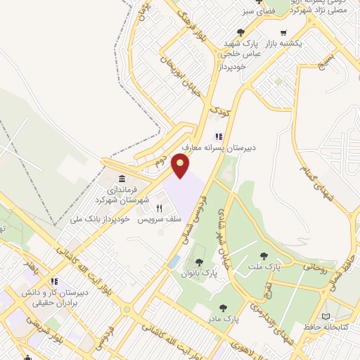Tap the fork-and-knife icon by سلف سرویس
pyautogui.click(x=159, y=208)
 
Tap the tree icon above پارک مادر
pyautogui.click(x=223, y=307)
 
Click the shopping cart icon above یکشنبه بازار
pyautogui.click(x=283, y=32)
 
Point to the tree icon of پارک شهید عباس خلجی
pyautogui.click(x=241, y=32)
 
